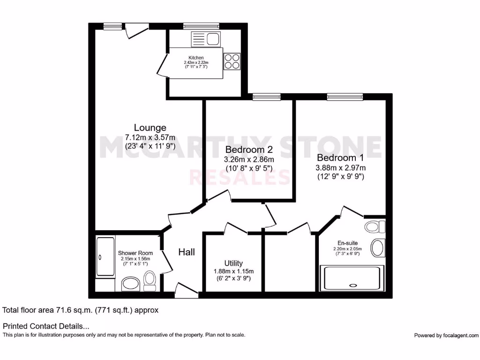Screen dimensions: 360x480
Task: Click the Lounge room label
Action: [x=150, y=127]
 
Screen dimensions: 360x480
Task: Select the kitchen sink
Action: [x=205, y=38]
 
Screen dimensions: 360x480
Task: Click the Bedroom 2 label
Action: [x=248, y=150]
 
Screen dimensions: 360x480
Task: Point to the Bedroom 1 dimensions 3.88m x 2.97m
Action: [x=341, y=168]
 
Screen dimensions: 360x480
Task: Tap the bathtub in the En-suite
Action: [x=352, y=278]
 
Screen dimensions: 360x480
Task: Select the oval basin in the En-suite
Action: [x=378, y=247]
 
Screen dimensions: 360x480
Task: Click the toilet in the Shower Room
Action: [x=150, y=278]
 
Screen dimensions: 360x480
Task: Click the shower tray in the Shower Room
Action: [x=105, y=257]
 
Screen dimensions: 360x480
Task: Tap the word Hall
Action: [x=187, y=252]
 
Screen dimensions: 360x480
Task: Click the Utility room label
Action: [x=233, y=263]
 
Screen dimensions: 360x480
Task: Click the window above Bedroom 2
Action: [x=266, y=97]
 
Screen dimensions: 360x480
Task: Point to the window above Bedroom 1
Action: [x=345, y=97]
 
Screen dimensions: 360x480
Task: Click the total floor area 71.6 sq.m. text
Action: [x=81, y=310]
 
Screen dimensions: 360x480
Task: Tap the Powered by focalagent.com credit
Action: [x=446, y=335]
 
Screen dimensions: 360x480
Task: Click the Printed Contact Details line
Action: [x=46, y=326]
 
